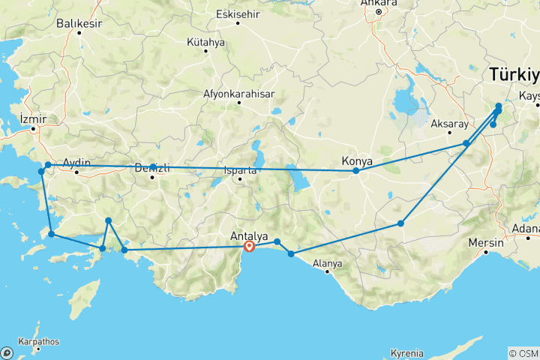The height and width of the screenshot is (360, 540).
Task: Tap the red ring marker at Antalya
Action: click(x=249, y=247)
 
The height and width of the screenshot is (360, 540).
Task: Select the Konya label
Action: click(x=356, y=160)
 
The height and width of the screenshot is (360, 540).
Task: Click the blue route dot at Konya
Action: click(x=356, y=171)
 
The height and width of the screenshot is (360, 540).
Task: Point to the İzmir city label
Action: click(x=34, y=119)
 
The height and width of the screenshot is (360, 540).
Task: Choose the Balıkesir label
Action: click(x=78, y=24)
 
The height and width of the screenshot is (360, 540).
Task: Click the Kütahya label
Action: click(x=206, y=43)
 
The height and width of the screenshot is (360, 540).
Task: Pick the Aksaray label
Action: click(x=451, y=123)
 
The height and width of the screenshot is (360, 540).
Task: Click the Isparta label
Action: click(x=240, y=170)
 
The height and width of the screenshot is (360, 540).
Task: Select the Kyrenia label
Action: click(x=407, y=353)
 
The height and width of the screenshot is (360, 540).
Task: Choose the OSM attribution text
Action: click(x=523, y=353)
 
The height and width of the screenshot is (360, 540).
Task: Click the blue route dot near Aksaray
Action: click(x=466, y=143)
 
